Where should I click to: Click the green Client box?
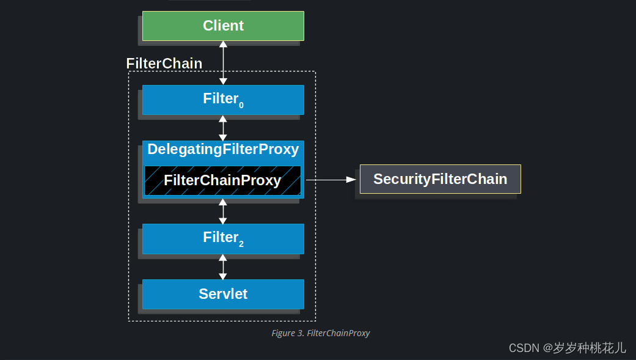click(x=223, y=26)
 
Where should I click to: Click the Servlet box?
click(x=223, y=294)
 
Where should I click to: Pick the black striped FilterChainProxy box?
click(x=222, y=180)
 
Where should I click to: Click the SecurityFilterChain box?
click(x=440, y=179)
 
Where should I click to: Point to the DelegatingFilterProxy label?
click(x=223, y=149)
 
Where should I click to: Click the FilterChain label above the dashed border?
click(x=164, y=64)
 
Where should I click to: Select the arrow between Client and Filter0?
click(x=223, y=62)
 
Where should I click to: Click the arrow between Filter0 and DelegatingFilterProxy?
click(x=223, y=128)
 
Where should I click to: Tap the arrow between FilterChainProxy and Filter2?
click(x=223, y=210)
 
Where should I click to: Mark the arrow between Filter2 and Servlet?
click(x=223, y=267)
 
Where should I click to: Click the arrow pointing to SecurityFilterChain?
click(x=330, y=180)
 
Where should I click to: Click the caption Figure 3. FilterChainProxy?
click(x=321, y=333)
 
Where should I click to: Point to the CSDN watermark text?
click(x=524, y=348)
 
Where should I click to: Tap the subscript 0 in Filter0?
click(x=241, y=106)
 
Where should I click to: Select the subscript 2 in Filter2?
click(x=241, y=244)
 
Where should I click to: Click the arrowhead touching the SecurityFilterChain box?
click(x=351, y=180)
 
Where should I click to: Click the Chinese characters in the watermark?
click(x=590, y=348)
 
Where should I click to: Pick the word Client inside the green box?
click(x=223, y=26)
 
